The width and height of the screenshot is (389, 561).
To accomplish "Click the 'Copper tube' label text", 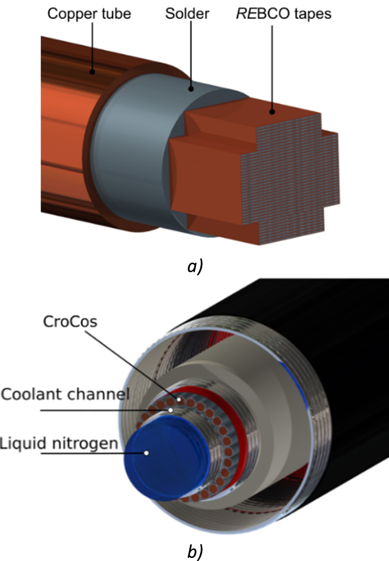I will coord(89,14).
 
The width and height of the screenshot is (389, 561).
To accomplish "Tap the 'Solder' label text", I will coord(187,14).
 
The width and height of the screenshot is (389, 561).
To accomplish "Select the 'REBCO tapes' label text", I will coord(283,14).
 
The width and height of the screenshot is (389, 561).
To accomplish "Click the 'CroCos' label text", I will coord(70,322).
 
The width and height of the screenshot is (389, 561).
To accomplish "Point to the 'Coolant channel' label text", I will coord(65,394).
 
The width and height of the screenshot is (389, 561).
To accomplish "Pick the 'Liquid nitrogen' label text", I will coord(59,443).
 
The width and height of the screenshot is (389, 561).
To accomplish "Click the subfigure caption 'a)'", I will coord(195,266).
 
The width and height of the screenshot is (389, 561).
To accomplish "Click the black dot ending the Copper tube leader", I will coord(92,72).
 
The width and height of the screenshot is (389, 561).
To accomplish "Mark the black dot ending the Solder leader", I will coord(191,89).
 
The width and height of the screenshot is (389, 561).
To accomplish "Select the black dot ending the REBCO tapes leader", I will coord(272,112).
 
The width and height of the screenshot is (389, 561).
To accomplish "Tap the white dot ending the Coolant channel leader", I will coord(171,410).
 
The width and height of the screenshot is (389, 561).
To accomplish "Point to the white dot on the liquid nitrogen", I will coord(146,453).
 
